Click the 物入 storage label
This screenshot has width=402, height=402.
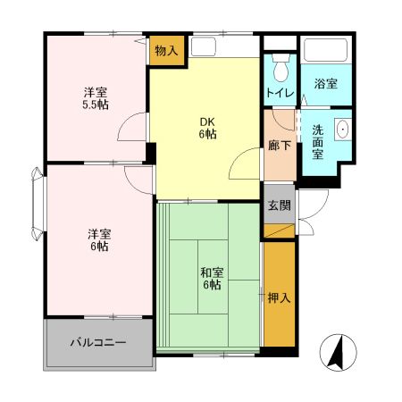(x=166, y=50)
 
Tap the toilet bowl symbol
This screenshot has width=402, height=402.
(x=281, y=68)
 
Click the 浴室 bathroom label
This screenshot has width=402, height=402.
(x=325, y=85)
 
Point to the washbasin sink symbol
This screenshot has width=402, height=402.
(x=341, y=130)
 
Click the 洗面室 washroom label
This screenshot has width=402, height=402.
(x=318, y=141)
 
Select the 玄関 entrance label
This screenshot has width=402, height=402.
(x=278, y=205)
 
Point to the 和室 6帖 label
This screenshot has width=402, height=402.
(x=210, y=278)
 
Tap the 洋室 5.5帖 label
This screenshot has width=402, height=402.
(x=96, y=98)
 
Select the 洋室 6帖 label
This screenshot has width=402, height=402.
(x=98, y=239)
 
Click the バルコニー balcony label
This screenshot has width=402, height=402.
(x=98, y=342)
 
